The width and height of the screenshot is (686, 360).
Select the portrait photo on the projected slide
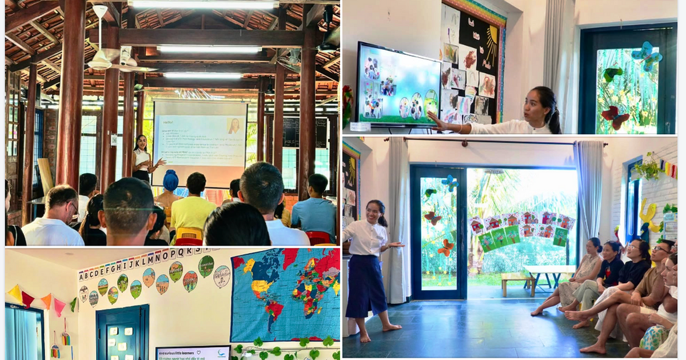[x=234, y=126]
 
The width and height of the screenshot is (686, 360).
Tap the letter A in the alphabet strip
[x=82, y=276]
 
